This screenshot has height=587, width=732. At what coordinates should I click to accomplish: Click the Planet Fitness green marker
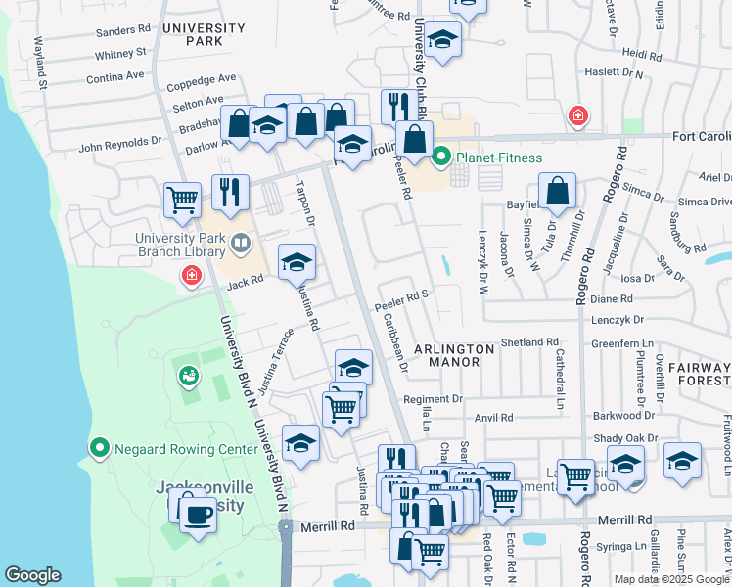(x=441, y=156)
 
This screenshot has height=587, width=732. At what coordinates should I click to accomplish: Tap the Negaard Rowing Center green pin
(x=99, y=449)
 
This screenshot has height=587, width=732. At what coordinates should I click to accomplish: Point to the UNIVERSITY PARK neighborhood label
(x=204, y=34)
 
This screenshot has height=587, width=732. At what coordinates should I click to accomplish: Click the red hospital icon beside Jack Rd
(x=191, y=277)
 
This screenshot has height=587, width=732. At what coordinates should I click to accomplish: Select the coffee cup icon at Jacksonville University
(x=198, y=514)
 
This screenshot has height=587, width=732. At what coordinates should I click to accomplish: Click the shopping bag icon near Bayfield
(x=557, y=192)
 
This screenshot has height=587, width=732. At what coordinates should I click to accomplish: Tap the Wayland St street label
(x=41, y=62)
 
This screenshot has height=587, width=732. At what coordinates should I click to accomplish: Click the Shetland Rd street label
(x=528, y=342)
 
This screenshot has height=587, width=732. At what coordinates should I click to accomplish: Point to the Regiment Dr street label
(x=433, y=399)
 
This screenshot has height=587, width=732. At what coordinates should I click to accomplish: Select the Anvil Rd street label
(x=493, y=418)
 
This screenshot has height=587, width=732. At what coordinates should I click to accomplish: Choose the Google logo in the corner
(x=33, y=575)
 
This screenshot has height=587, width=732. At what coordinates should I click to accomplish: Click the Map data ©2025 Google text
(x=670, y=579)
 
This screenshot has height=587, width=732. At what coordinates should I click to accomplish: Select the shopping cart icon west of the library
(x=182, y=201)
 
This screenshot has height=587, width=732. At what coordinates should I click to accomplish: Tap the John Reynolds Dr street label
(x=119, y=142)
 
